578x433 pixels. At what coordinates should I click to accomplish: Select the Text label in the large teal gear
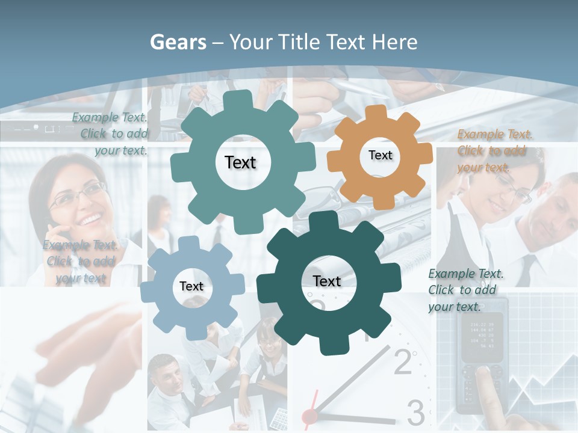(240, 162)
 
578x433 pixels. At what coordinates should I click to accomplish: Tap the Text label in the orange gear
(380, 155)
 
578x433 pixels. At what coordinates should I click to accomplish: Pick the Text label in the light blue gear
(191, 287)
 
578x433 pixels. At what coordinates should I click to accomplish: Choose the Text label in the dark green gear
(327, 281)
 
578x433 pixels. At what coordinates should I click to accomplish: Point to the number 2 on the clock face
(403, 361)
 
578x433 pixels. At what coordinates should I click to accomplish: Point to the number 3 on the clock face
(416, 412)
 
